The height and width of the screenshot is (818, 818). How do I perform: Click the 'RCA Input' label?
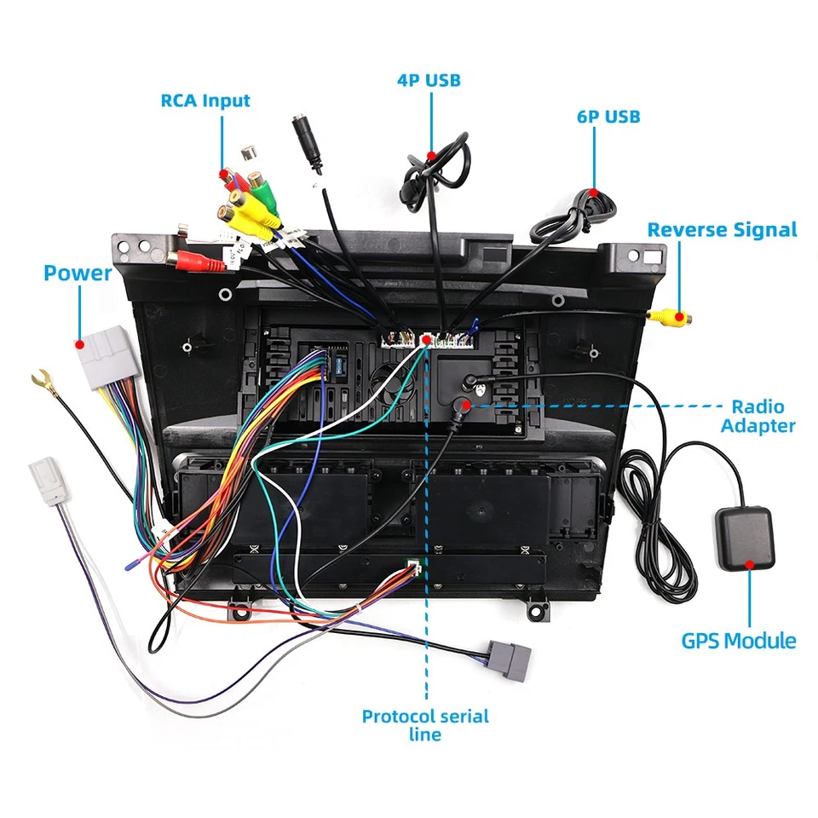(x=205, y=101)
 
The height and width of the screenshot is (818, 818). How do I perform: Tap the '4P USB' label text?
(x=429, y=80)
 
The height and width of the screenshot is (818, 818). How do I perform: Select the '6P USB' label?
(x=608, y=117)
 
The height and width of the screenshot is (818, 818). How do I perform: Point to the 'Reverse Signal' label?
(x=722, y=230)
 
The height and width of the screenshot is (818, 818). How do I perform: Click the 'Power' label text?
(x=78, y=273)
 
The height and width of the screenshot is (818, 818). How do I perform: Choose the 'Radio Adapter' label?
(x=758, y=416)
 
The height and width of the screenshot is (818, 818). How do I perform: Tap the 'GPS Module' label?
(x=739, y=641)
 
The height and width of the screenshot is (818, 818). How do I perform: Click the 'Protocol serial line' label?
(x=425, y=725)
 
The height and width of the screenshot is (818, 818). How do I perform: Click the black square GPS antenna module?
(x=745, y=539)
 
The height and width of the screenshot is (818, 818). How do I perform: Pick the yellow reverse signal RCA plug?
(x=669, y=316)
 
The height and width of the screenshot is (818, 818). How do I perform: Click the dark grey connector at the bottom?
(x=510, y=660)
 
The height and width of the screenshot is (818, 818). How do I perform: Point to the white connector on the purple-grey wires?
(x=49, y=481)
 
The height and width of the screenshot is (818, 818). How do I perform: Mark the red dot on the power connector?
(x=79, y=345)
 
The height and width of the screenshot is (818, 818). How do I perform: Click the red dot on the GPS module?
(x=750, y=564)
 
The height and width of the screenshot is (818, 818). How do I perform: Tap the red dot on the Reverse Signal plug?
(x=680, y=317)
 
